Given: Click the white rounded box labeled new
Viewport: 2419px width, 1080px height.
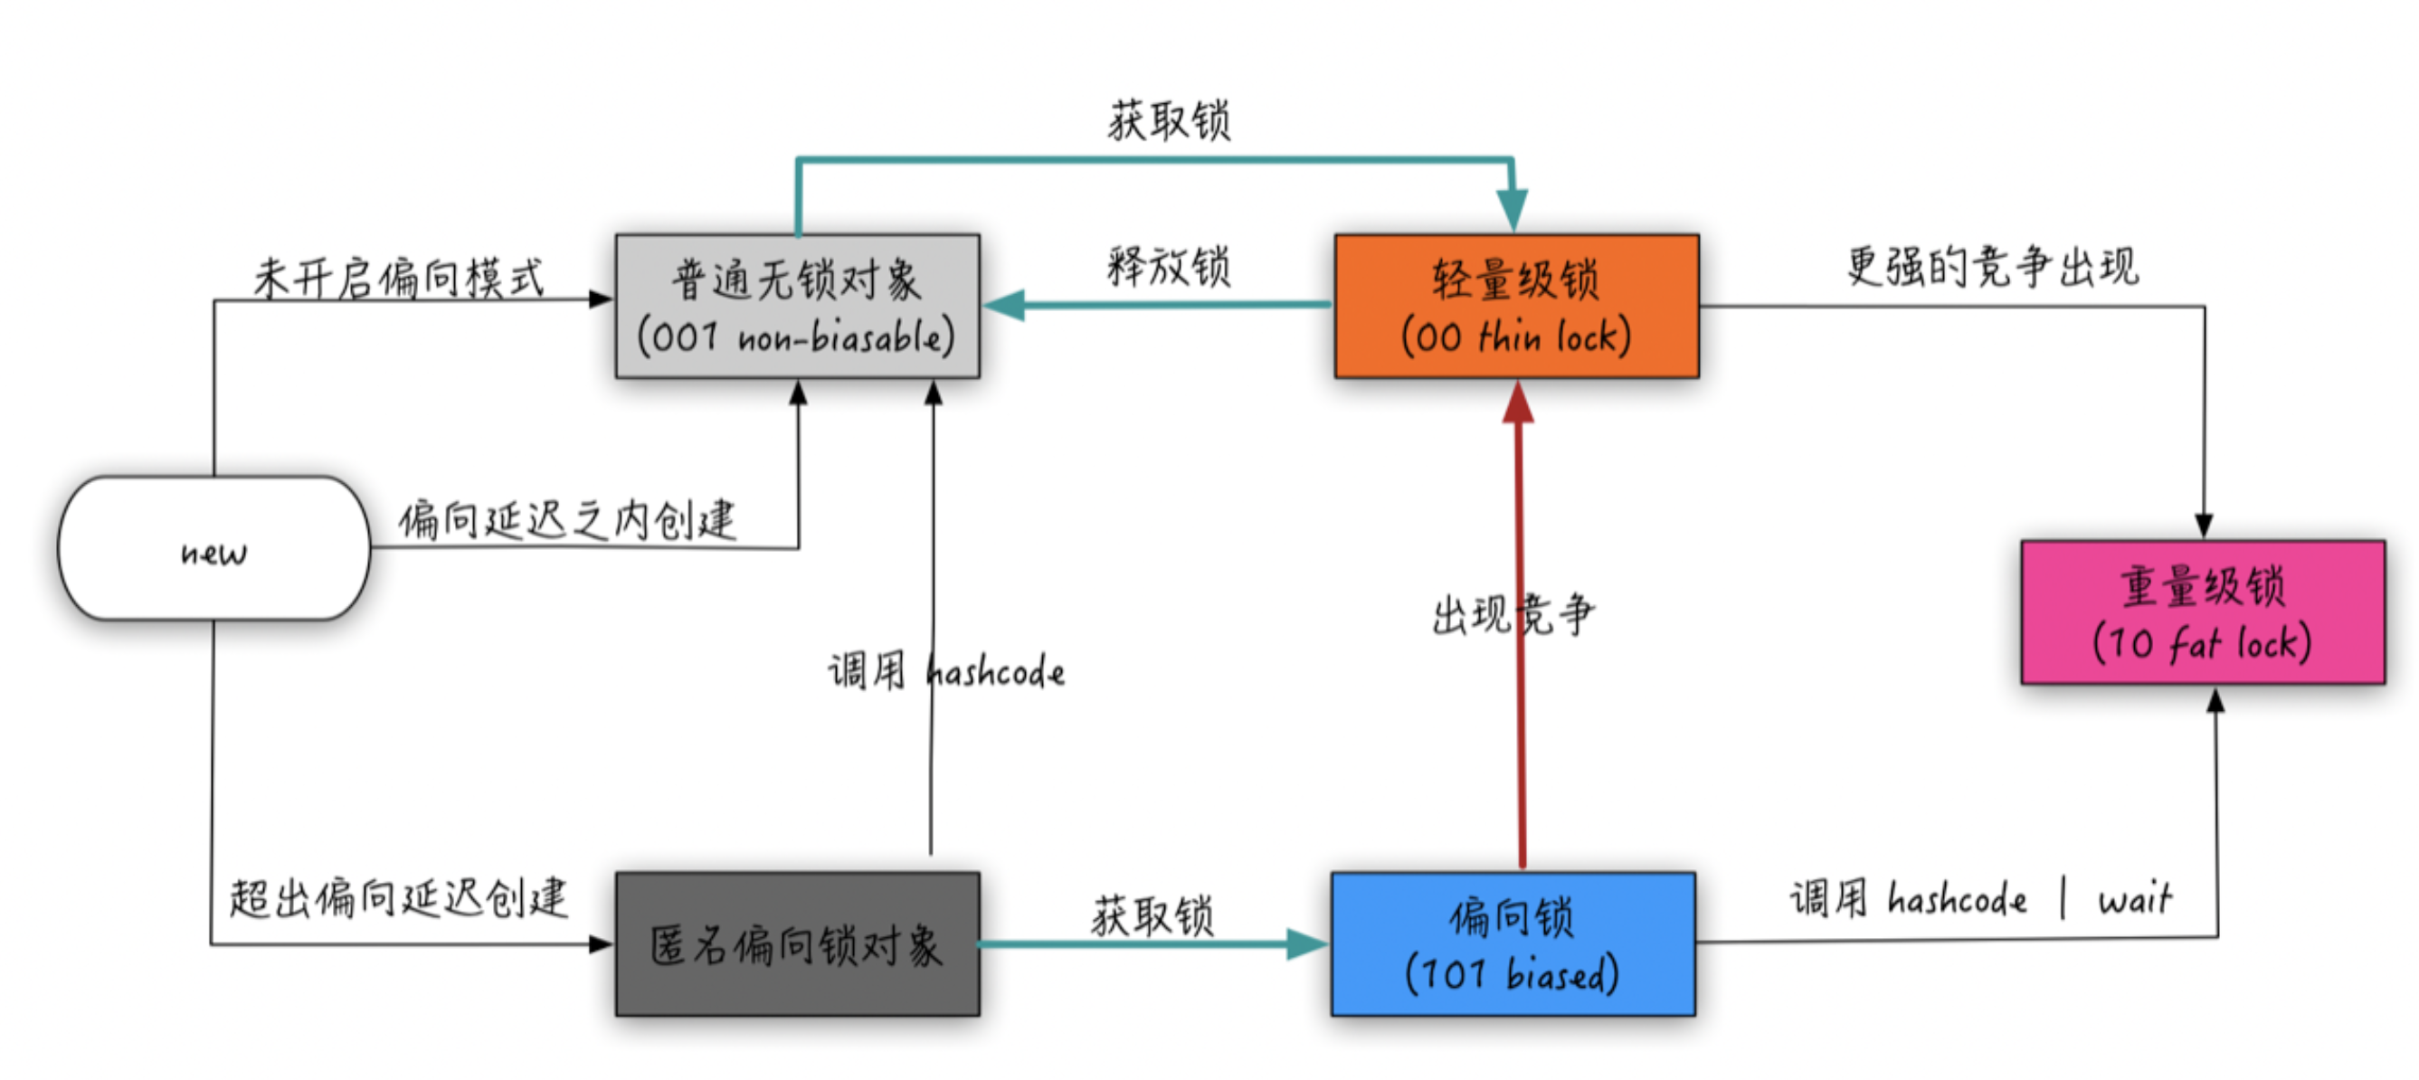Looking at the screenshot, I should [x=214, y=549].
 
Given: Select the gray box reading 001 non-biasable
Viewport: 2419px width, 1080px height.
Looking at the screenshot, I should [x=797, y=306].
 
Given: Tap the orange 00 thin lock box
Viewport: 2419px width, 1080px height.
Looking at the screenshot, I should [x=1515, y=306].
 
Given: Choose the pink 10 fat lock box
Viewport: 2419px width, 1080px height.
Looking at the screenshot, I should [x=2202, y=612].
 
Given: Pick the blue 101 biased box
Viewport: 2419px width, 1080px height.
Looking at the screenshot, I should [x=1513, y=943].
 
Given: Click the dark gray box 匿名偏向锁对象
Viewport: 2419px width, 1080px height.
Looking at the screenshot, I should [x=797, y=943].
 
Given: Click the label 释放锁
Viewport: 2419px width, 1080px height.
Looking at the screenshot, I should [x=1168, y=266].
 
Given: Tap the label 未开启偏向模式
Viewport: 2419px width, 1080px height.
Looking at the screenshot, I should [x=398, y=278].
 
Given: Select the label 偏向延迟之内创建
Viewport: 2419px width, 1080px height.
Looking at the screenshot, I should [x=567, y=519].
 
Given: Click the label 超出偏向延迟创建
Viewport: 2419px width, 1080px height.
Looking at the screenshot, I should [x=398, y=898].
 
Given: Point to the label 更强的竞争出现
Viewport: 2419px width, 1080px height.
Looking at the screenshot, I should [x=1993, y=266].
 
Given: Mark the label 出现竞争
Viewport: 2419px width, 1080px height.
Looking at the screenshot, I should [x=1513, y=615].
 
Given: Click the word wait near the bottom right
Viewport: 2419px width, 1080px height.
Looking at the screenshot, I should [x=2134, y=900].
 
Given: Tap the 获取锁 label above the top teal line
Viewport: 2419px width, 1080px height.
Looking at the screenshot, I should [x=1168, y=121].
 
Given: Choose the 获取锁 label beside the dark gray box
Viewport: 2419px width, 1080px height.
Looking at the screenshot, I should [x=1153, y=915].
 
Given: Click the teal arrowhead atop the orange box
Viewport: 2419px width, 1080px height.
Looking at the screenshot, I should [x=1512, y=208].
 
